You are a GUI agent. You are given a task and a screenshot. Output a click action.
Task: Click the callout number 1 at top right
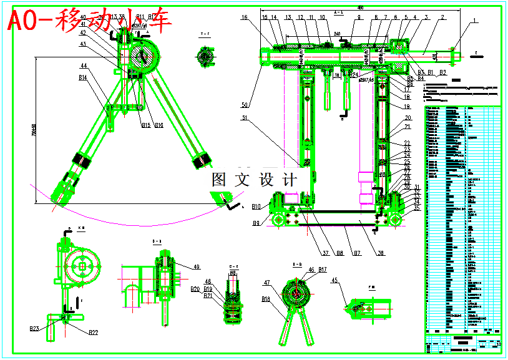(473, 21)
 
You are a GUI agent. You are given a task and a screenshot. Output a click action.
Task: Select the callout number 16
(244, 17)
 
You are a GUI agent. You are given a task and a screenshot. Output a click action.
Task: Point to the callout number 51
(245, 117)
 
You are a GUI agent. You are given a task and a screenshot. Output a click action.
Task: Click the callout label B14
(82, 78)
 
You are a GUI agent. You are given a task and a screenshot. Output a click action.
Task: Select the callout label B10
(256, 207)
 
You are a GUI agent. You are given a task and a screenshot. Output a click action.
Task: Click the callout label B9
(256, 223)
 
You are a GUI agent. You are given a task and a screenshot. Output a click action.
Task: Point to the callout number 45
(335, 281)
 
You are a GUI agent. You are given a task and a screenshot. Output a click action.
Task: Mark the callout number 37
(325, 253)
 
